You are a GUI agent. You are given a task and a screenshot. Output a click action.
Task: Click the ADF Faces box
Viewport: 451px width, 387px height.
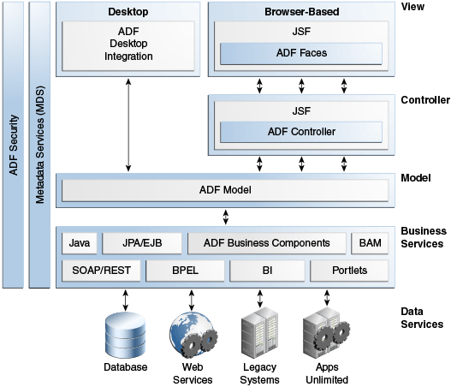tap(301, 54)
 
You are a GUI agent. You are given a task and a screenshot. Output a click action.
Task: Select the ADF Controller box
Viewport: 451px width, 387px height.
tap(301, 132)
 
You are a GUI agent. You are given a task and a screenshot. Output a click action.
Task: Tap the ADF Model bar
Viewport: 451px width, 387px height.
tap(225, 190)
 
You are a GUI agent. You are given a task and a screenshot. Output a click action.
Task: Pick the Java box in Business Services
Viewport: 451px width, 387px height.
tap(80, 243)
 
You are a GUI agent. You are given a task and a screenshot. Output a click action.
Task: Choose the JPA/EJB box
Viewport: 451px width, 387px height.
tap(142, 243)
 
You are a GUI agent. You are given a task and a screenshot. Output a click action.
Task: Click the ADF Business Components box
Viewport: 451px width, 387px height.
tap(267, 243)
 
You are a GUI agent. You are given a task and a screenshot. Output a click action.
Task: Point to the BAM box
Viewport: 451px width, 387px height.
tap(370, 243)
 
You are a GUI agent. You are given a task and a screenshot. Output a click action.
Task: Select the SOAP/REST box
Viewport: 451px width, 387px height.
tap(101, 271)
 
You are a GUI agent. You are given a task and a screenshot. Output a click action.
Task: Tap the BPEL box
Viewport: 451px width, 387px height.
tap(185, 271)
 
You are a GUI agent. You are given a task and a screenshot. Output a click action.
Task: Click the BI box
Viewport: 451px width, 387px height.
tap(267, 271)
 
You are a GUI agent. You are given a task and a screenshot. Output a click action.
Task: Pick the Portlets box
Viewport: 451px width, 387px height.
tap(349, 271)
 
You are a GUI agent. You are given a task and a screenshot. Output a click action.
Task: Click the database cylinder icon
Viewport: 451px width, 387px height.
tap(126, 336)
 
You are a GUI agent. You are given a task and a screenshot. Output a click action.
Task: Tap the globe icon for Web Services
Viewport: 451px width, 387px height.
tap(193, 336)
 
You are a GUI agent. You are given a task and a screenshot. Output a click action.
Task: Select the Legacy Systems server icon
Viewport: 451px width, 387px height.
tap(259, 332)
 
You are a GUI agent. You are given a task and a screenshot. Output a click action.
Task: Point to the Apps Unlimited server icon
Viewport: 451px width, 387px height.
tap(326, 333)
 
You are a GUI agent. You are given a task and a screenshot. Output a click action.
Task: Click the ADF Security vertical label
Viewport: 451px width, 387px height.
tap(14, 146)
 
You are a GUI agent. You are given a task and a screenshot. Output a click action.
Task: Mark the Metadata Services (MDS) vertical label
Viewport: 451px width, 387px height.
tap(40, 145)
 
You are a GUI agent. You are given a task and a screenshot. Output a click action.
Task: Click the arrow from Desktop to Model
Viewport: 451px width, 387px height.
tap(128, 125)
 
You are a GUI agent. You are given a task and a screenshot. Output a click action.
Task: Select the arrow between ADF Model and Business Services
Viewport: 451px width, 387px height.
tap(226, 217)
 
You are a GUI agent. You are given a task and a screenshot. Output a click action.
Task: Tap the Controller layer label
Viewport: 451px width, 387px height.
tap(425, 100)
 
